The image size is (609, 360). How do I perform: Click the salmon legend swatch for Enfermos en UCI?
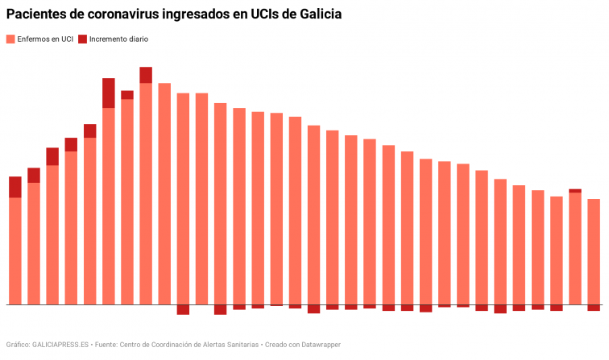pyautogui.click(x=10, y=39)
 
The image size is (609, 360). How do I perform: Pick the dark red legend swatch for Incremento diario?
pyautogui.click(x=82, y=39)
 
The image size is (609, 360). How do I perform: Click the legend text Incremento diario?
pyautogui.click(x=118, y=39)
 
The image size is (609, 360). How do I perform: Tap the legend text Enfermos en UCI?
pyautogui.click(x=45, y=39)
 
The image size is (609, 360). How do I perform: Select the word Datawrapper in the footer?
pyautogui.click(x=318, y=345)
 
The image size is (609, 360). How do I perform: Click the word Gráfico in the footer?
pyautogui.click(x=18, y=345)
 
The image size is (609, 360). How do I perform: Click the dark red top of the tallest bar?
pyautogui.click(x=146, y=75)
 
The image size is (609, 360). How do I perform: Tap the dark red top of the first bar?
pyautogui.click(x=14, y=187)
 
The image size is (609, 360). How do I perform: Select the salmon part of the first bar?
pyautogui.click(x=14, y=250)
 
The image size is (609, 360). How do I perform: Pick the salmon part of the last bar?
pyautogui.click(x=594, y=251)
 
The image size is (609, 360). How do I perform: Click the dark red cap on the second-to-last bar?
pyautogui.click(x=575, y=191)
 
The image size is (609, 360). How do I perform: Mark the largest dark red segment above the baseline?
pyautogui.click(x=109, y=93)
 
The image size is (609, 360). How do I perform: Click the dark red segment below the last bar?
pyautogui.click(x=594, y=308)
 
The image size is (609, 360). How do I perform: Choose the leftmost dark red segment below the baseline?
pyautogui.click(x=183, y=309)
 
